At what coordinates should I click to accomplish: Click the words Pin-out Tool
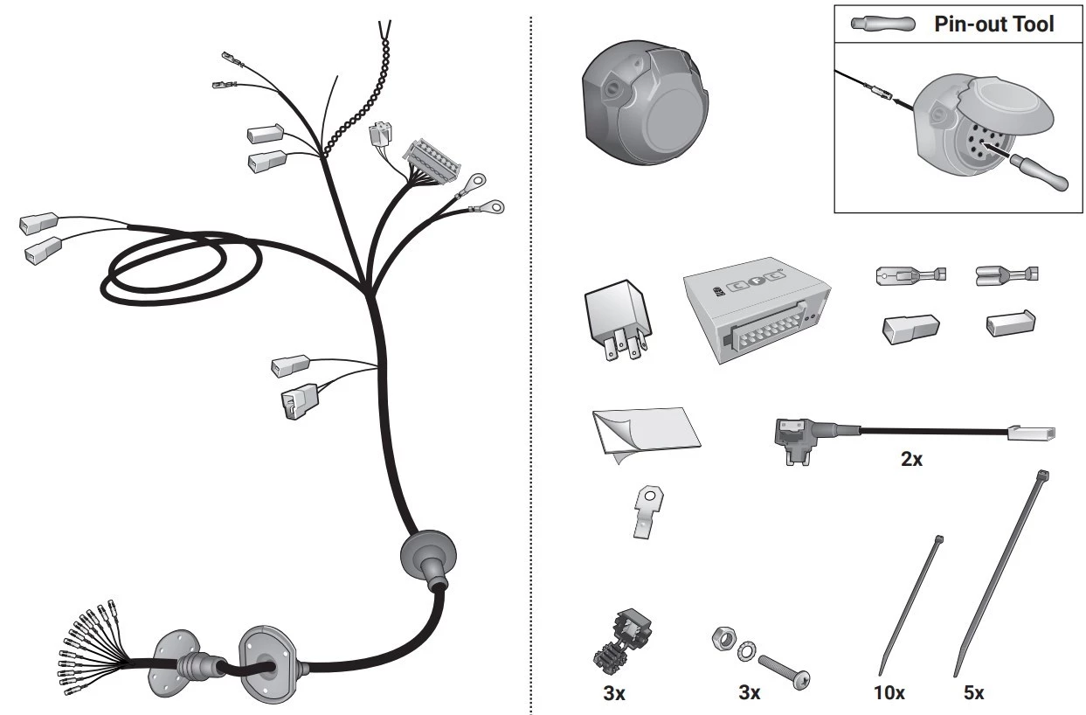994,24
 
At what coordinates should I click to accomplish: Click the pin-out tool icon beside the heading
882,24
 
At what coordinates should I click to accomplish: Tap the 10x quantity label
889,692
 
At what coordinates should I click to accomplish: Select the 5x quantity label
973,692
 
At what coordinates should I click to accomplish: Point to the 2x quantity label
911,459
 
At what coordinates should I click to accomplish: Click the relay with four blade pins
617,319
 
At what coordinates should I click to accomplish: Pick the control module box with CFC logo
757,309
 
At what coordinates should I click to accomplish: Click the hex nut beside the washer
723,638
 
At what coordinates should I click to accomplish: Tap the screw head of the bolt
800,679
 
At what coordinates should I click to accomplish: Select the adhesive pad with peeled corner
646,434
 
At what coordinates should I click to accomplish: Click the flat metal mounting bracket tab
648,511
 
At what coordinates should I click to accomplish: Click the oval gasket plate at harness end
267,664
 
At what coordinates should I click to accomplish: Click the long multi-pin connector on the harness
432,161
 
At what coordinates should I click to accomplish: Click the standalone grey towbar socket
645,102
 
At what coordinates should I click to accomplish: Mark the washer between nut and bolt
747,651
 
